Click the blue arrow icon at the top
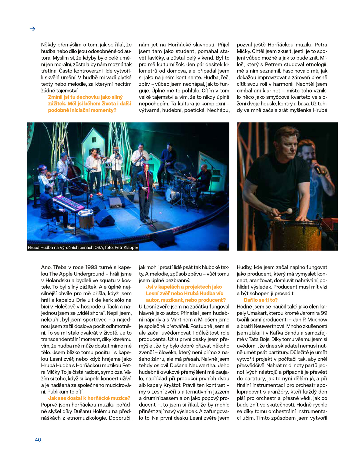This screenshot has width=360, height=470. [x=32, y=29]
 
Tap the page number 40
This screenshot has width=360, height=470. [x=38, y=440]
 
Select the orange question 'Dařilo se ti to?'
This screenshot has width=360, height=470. [x=260, y=300]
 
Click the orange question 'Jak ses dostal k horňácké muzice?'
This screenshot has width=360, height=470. [x=89, y=398]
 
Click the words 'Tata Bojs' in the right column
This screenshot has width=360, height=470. [x=260, y=339]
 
